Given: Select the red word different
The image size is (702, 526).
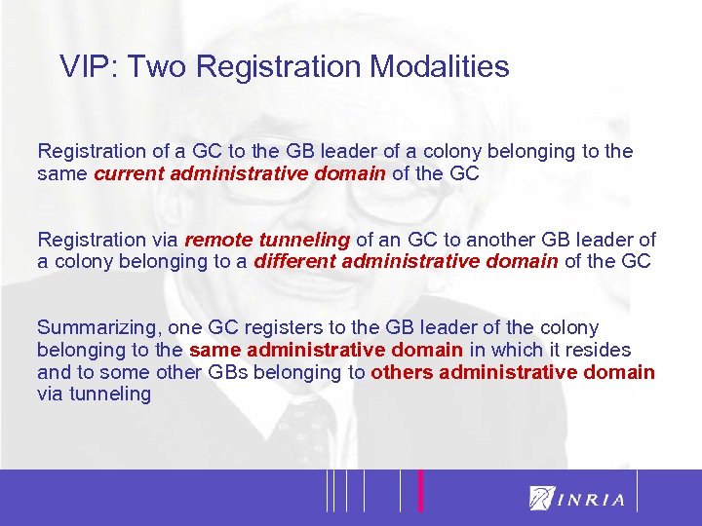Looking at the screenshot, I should (x=295, y=262).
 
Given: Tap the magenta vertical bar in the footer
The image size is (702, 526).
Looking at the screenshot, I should (x=420, y=490).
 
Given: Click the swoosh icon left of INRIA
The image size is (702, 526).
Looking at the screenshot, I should (x=542, y=498).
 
